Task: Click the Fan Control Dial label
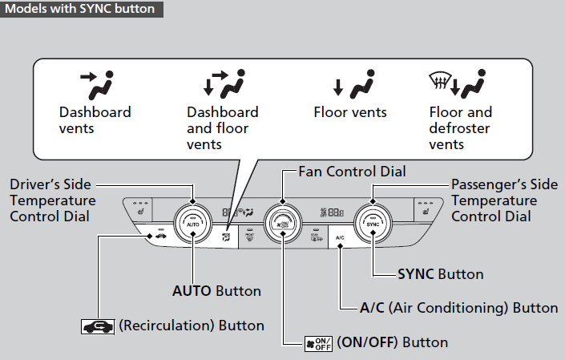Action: [352, 172]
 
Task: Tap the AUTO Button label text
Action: [216, 290]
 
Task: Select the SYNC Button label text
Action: [441, 274]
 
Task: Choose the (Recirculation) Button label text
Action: [191, 326]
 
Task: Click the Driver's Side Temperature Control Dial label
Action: [53, 200]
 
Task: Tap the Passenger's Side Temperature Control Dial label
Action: [494, 200]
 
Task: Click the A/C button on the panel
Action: [340, 237]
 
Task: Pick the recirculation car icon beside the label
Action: [97, 326]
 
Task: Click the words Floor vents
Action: [350, 112]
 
